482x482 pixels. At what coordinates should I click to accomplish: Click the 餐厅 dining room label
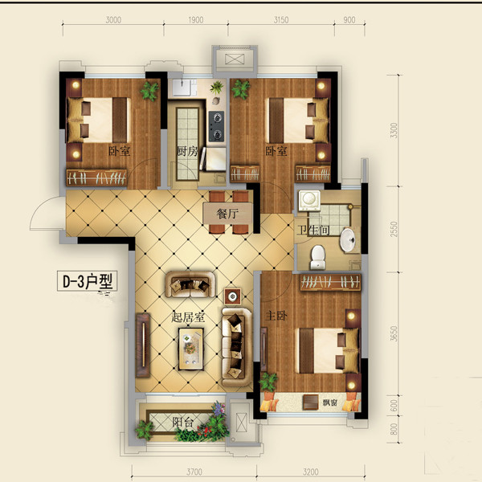227,214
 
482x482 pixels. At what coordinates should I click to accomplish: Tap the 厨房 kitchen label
187,151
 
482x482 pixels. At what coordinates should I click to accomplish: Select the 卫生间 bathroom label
313,230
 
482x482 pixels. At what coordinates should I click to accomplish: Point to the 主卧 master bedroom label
276,316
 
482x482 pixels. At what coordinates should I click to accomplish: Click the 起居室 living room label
188,317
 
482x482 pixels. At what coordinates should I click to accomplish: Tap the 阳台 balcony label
182,422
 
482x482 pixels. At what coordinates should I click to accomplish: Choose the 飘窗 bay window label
330,402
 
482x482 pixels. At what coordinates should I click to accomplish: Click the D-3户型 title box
88,281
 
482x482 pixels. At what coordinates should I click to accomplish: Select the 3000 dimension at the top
113,20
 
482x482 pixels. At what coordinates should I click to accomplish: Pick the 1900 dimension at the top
196,20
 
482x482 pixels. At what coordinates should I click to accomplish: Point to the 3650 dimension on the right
394,334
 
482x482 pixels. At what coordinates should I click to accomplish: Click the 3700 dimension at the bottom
194,472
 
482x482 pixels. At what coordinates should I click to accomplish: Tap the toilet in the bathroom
318,257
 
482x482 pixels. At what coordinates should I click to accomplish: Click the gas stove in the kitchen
216,126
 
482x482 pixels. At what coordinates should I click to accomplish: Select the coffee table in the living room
191,349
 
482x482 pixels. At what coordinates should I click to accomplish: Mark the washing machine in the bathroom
309,200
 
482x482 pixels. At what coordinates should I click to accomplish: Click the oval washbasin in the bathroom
348,240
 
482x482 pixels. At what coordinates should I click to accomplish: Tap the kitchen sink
185,88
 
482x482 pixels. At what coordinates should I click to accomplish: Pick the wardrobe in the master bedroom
330,283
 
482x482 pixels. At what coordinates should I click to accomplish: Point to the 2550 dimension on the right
394,229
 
